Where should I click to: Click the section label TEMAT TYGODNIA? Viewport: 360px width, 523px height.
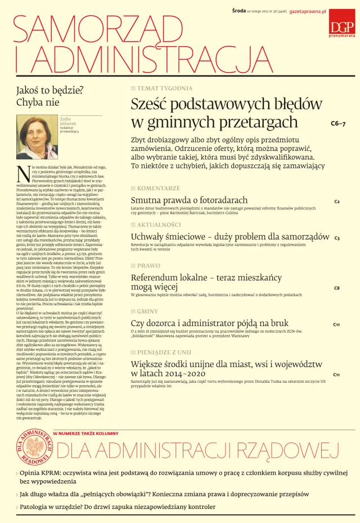(164, 88)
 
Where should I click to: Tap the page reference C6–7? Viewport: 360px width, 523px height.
(337, 123)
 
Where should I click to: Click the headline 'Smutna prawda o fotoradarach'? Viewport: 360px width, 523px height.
(189, 200)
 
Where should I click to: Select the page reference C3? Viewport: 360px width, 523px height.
(336, 238)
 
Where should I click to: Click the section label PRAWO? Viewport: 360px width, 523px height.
(148, 265)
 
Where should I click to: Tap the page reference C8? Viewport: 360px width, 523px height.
(336, 288)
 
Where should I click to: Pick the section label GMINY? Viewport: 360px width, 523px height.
(147, 311)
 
